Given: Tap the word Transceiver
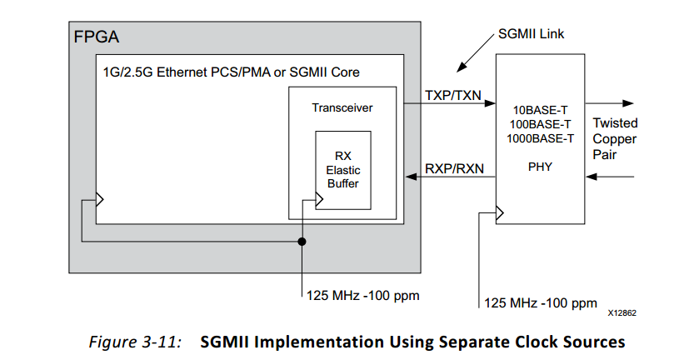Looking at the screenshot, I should [x=342, y=107].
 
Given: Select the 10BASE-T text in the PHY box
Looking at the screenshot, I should [x=540, y=108].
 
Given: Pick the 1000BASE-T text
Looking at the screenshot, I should [x=540, y=137].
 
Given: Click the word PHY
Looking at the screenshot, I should [x=540, y=167].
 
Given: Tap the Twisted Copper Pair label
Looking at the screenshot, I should [x=615, y=138].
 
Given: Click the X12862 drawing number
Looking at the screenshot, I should [x=622, y=316].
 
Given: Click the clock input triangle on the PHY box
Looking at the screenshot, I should [x=500, y=214].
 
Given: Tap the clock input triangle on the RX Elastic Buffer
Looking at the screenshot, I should [x=318, y=198].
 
